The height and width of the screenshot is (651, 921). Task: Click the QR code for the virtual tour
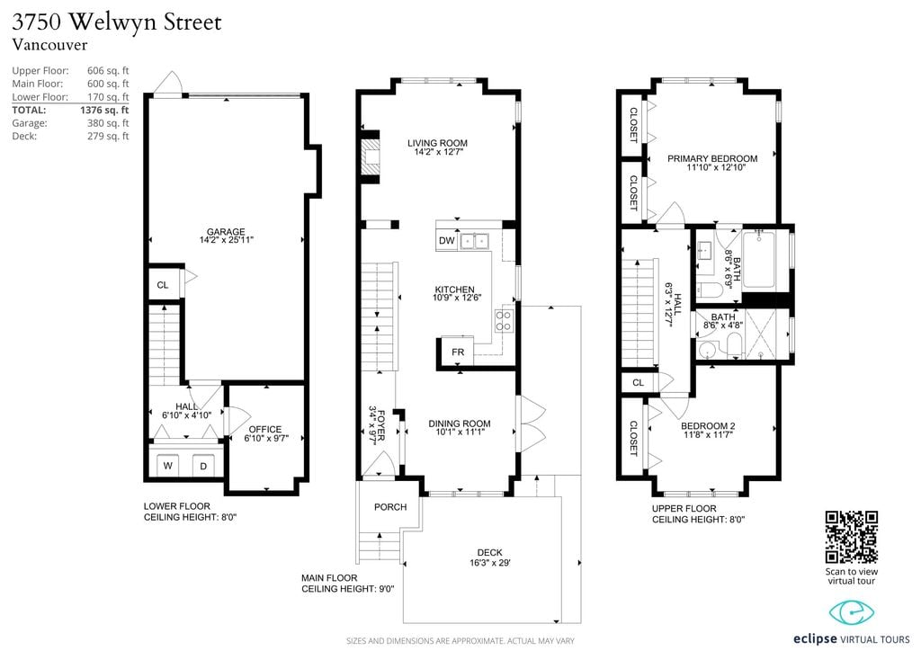click(851, 537)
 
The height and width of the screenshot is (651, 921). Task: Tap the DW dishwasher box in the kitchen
click(447, 241)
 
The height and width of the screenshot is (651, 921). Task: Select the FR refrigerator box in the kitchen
click(458, 352)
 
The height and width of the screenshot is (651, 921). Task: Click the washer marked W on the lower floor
click(168, 466)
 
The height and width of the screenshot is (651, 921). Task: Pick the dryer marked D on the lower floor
click(204, 466)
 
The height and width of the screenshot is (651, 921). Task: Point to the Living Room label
click(438, 143)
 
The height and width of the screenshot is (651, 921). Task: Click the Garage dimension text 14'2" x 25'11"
click(226, 240)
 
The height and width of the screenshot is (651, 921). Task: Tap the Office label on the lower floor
click(265, 429)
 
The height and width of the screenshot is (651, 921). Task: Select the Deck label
click(490, 552)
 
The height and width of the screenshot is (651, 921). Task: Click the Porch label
click(390, 507)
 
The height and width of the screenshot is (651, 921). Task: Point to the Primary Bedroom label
click(712, 158)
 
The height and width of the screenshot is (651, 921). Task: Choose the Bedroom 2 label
click(708, 426)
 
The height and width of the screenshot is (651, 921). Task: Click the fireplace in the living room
click(370, 157)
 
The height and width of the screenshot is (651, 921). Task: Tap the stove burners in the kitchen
click(504, 321)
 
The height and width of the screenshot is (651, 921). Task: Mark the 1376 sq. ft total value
click(104, 110)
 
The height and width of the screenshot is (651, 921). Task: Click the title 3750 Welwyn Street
click(117, 22)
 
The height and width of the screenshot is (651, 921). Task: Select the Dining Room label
click(460, 424)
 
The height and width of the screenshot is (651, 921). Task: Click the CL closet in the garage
click(163, 285)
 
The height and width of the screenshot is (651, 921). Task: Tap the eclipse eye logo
click(851, 613)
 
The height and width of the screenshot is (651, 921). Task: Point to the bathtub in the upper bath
click(765, 260)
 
